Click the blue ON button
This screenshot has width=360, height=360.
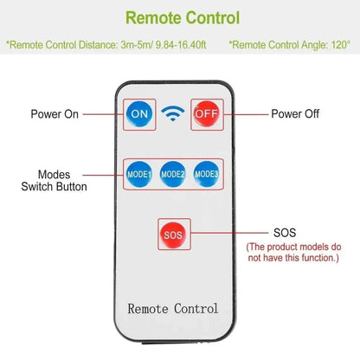tap(139, 114)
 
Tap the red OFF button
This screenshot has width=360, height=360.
tap(207, 113)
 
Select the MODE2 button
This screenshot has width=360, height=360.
tap(173, 174)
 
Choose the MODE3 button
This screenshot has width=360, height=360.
tap(206, 174)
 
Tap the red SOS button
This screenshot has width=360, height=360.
tap(173, 235)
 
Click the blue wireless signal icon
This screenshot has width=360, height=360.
tap(173, 113)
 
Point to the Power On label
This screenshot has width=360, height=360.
tap(55, 114)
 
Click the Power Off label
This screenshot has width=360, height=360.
tap(295, 114)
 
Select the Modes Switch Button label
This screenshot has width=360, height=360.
tap(54, 181)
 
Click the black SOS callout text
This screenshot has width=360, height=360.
tap(285, 233)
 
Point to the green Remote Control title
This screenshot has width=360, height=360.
tap(183, 18)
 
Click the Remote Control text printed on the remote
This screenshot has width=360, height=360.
tap(173, 309)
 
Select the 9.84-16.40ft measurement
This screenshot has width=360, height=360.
tap(181, 45)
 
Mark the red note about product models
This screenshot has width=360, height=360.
tap(293, 253)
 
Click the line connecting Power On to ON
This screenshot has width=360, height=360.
tap(103, 114)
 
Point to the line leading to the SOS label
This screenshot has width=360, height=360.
tap(229, 233)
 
